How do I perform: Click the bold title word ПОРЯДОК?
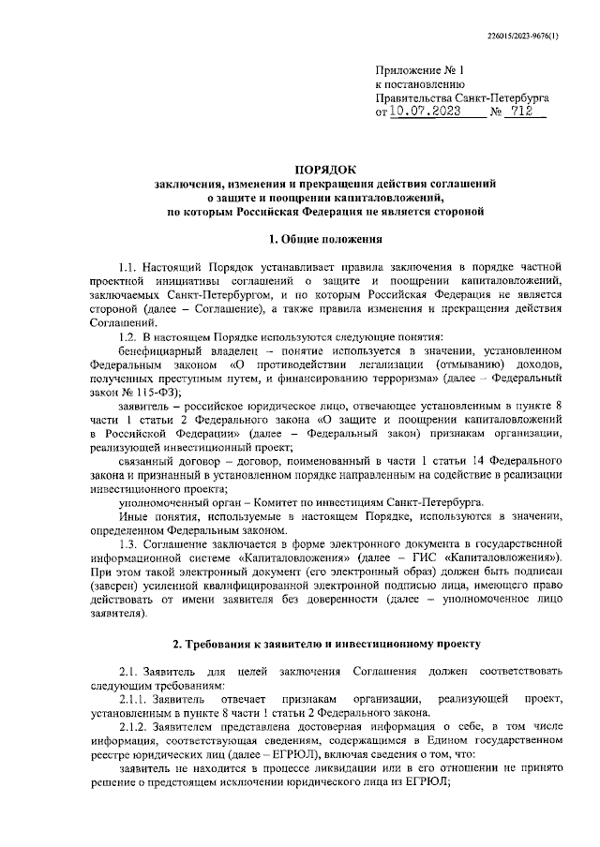tap(325, 169)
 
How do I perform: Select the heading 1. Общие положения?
tap(325, 239)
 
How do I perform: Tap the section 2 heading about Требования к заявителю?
tap(325, 645)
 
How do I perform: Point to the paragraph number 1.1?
tap(130, 267)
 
